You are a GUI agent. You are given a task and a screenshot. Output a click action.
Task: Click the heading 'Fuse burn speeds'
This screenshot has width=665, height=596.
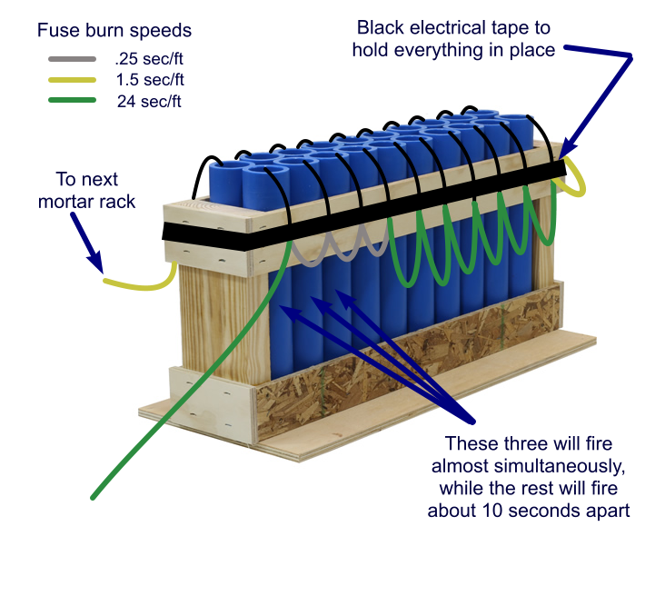tap(114, 30)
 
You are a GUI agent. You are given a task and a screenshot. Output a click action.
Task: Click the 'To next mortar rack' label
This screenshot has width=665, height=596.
tap(86, 189)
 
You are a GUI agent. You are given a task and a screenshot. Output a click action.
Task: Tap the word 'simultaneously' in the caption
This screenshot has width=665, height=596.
tap(529, 467)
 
